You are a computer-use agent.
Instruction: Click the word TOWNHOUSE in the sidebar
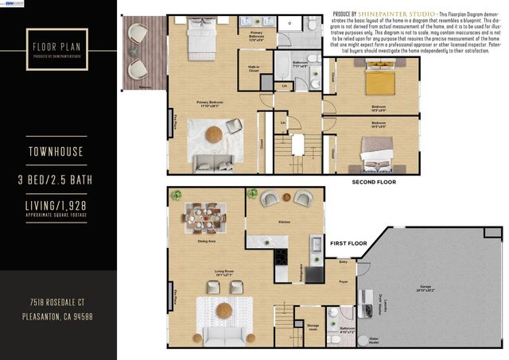point(57,150)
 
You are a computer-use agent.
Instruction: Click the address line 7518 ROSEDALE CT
point(58,304)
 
